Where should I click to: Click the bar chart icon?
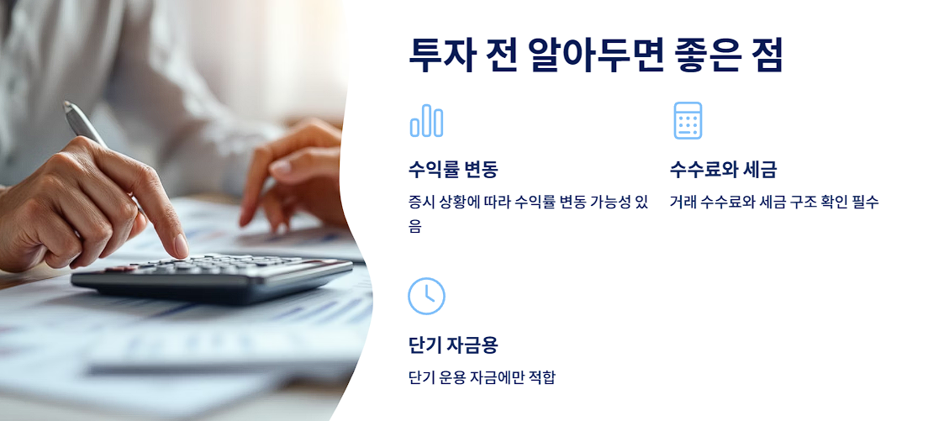coord(426,121)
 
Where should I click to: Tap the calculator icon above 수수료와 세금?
coord(688,121)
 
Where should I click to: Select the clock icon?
coord(426,296)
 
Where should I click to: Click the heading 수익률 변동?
coord(452,170)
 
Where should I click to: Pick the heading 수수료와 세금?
coord(723,170)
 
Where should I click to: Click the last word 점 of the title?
coord(768,56)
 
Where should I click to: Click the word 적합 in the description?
coord(541,377)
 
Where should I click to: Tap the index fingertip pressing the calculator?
coord(180,250)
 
